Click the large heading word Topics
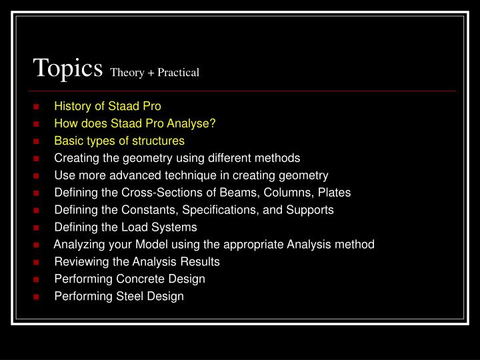point(67,69)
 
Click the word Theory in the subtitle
point(127,73)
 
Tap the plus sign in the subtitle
point(151,73)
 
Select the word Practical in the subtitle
point(178,72)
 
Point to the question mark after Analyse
point(213,123)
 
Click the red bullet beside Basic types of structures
point(36,141)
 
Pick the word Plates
point(334,193)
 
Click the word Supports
point(310,210)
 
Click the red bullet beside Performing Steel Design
point(36,297)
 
